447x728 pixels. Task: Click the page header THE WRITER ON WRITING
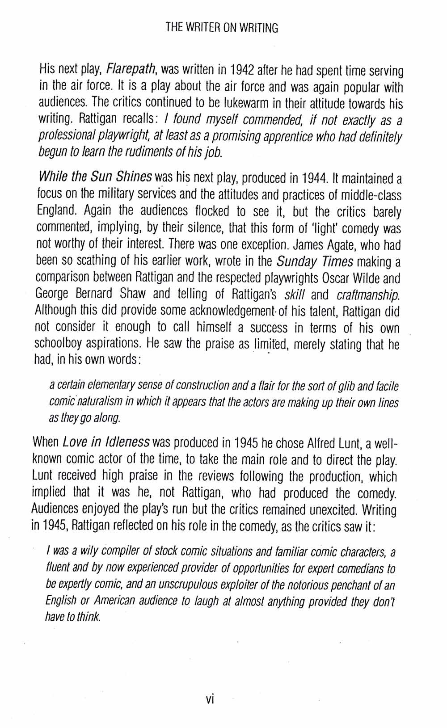coord(222,28)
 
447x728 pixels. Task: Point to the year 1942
coord(243,70)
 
